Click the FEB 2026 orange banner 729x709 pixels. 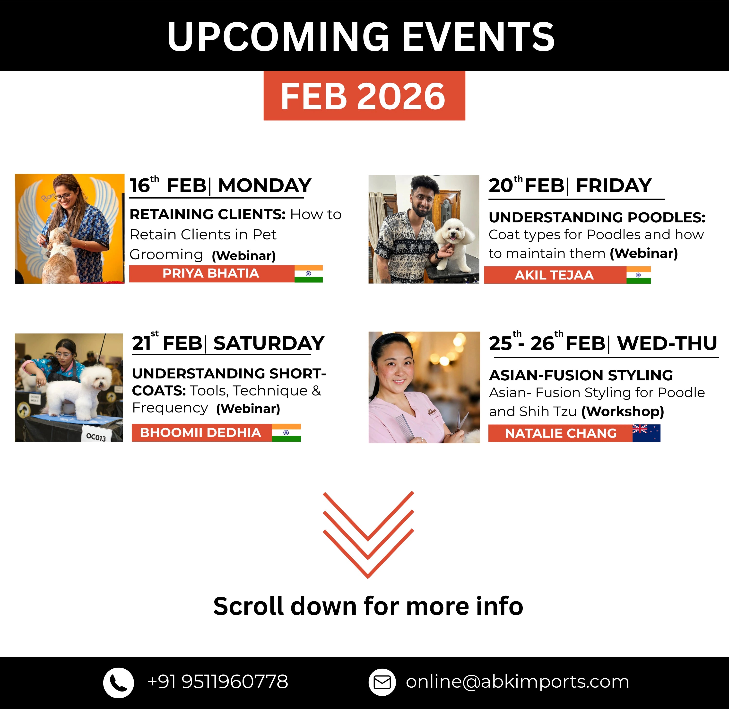pos(364,96)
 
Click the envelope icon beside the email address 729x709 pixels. pos(382,682)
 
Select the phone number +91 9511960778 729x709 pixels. pos(218,682)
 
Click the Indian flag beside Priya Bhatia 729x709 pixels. pos(309,274)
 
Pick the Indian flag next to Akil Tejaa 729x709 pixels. pos(639,275)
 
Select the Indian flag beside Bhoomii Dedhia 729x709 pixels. pos(286,433)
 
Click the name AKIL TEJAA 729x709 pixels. pos(554,275)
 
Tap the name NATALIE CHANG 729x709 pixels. pos(561,433)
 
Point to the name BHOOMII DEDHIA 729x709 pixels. pos(200,433)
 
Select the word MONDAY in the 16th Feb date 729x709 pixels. pos(265,185)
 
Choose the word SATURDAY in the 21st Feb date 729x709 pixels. pos(269,343)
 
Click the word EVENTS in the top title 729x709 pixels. pos(478,36)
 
